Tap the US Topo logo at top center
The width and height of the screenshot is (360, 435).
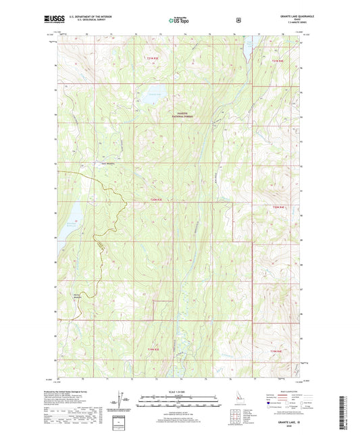coord(179,20)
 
